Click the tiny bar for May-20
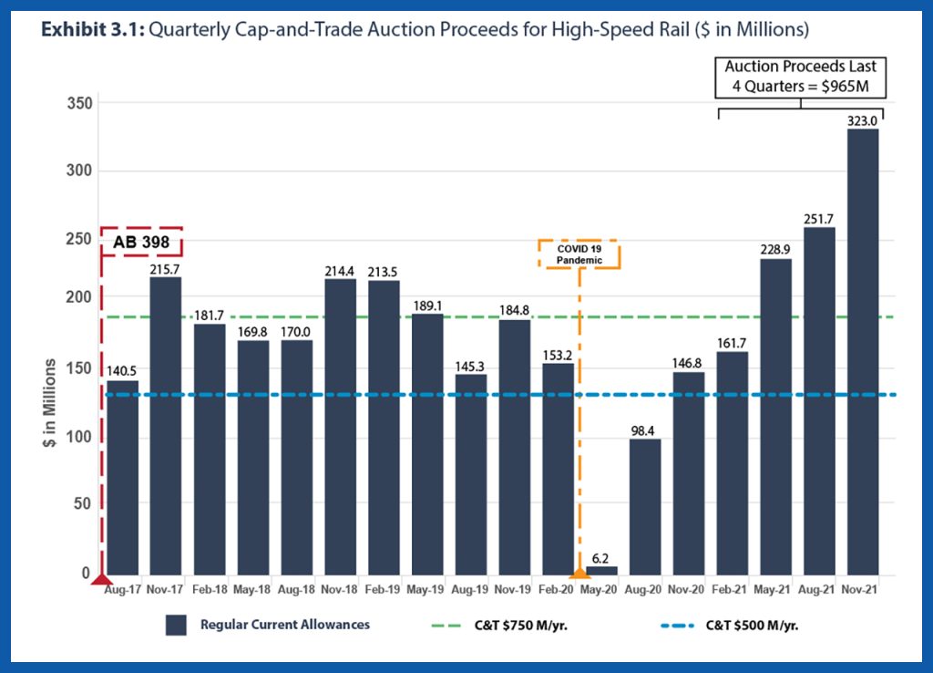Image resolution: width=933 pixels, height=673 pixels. [x=601, y=570]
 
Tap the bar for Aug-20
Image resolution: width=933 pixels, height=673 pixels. [x=645, y=506]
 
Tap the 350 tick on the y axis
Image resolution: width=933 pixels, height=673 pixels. [x=80, y=104]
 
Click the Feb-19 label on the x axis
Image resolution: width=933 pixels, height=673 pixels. [x=384, y=590]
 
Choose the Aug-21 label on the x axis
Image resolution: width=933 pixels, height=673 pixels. [x=819, y=590]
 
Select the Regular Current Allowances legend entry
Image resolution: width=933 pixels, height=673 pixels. [x=270, y=625]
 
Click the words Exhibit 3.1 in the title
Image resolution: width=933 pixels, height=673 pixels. [x=91, y=30]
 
